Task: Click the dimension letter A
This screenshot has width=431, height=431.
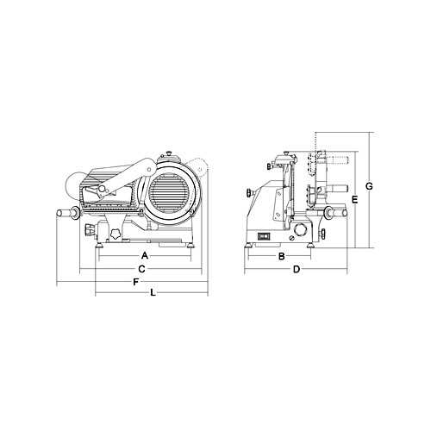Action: [x=145, y=255]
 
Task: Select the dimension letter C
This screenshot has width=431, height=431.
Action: [x=141, y=269]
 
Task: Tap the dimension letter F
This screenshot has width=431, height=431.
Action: [x=136, y=282]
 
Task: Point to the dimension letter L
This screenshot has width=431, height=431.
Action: [x=153, y=293]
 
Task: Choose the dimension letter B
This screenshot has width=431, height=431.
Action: [x=282, y=256]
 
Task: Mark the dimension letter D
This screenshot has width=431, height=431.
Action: [x=297, y=270]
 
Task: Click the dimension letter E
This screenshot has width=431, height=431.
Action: [x=355, y=199]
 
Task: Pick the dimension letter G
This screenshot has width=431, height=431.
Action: [x=369, y=186]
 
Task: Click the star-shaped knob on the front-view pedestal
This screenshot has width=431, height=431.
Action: [x=115, y=234]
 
